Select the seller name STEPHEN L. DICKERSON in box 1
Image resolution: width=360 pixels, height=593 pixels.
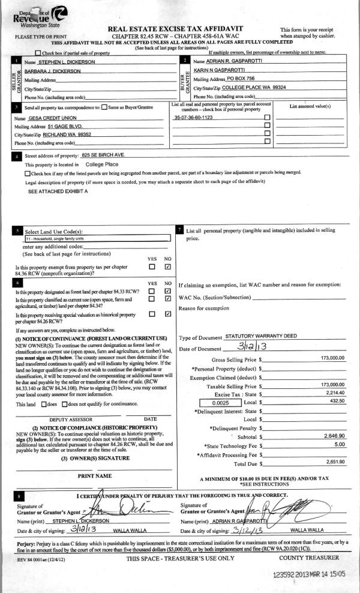66,62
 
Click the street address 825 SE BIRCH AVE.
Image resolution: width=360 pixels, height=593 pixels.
106,155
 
